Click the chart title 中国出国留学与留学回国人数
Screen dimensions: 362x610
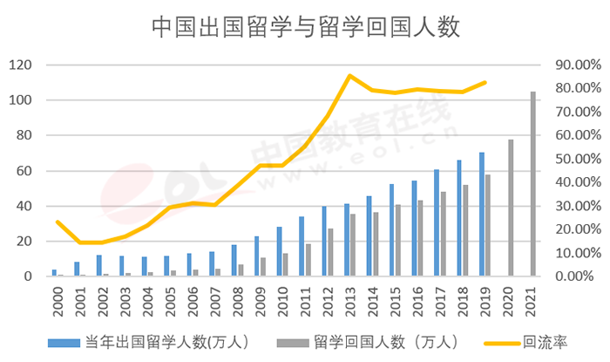tap(305, 27)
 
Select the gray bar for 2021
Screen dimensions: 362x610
tap(533, 184)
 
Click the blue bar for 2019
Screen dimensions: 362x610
tap(481, 215)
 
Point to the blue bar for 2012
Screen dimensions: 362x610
tap(324, 242)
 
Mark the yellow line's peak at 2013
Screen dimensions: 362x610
tap(349, 76)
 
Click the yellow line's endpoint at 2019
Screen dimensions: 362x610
tap(485, 82)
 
